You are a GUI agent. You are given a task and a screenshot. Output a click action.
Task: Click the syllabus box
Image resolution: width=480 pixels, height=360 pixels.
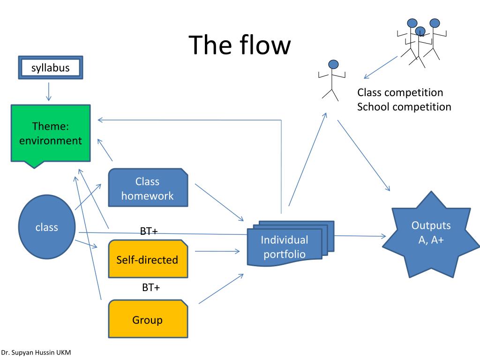[x=50, y=68]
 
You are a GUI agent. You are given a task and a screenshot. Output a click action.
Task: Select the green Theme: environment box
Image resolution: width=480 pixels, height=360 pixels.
[x=50, y=134]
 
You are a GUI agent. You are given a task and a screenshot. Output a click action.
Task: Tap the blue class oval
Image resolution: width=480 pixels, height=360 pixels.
[x=47, y=227]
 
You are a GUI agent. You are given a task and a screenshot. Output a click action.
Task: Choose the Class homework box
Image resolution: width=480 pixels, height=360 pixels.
[x=148, y=188]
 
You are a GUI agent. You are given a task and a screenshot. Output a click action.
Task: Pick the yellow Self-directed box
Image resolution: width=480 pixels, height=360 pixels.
[x=148, y=259]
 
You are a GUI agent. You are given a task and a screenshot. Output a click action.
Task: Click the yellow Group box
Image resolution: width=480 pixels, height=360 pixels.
[x=148, y=320]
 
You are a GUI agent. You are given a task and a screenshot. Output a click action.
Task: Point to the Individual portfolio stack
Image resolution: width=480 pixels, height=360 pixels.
[x=285, y=247]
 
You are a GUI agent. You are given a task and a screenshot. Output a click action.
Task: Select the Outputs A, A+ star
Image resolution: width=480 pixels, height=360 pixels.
[x=431, y=233]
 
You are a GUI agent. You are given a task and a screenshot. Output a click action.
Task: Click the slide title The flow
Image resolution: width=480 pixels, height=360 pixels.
[x=240, y=45]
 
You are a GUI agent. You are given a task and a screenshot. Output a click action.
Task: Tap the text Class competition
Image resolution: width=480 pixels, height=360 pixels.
[x=400, y=92]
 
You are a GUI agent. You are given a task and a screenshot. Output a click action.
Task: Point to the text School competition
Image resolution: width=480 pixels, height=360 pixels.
[x=404, y=106]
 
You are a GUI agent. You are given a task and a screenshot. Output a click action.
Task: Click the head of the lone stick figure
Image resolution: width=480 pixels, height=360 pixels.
[x=333, y=64]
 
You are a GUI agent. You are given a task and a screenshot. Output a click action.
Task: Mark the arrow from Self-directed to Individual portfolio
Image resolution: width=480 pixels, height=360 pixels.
[x=217, y=252]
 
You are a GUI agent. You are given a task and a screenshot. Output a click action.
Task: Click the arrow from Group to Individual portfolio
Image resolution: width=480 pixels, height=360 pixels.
[x=221, y=289]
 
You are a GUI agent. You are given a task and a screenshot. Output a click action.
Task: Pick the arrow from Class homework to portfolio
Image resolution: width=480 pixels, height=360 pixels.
[x=219, y=202]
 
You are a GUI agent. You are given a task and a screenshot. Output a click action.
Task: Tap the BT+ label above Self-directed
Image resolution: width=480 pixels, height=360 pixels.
[x=149, y=231]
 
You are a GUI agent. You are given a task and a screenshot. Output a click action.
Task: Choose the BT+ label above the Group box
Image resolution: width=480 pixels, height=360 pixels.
[x=151, y=287]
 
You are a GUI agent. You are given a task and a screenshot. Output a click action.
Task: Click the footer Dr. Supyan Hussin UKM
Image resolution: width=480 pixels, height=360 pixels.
[x=36, y=352]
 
